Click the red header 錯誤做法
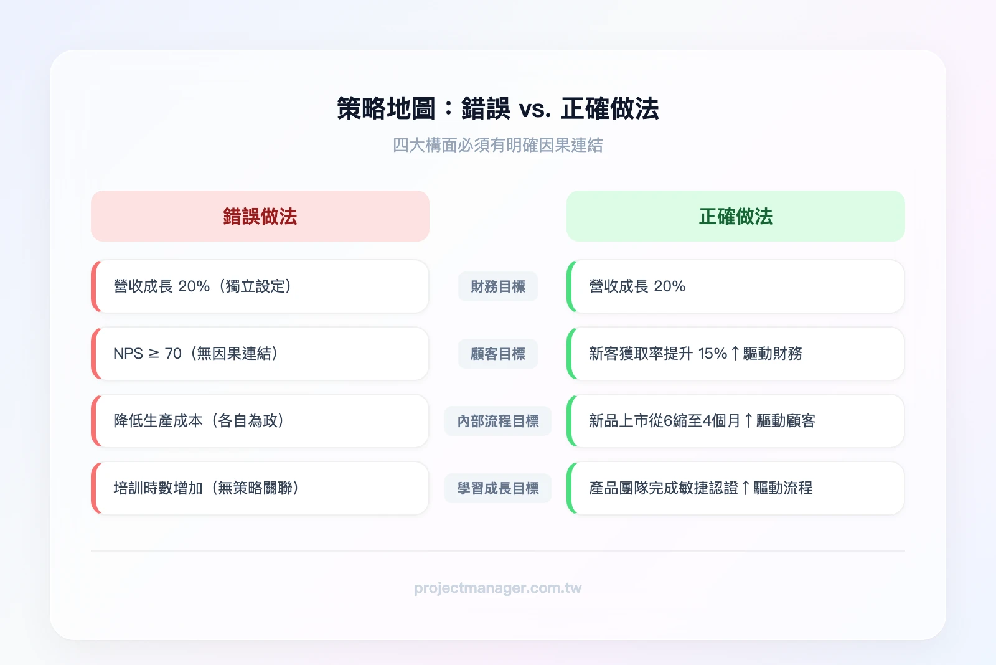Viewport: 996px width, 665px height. tap(260, 217)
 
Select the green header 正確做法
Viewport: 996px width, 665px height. tap(735, 217)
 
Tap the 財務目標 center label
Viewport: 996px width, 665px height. tap(498, 286)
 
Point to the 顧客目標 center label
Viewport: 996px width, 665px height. tap(498, 354)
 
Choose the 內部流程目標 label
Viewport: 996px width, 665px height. tap(498, 421)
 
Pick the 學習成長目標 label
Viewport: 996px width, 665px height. tap(498, 488)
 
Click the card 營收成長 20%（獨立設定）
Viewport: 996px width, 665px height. tap(260, 286)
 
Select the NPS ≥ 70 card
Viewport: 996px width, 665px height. tap(260, 354)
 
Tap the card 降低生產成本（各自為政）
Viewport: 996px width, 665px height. tap(260, 421)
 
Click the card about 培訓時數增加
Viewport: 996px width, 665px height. tap(260, 488)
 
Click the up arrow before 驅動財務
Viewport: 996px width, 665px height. tap(735, 354)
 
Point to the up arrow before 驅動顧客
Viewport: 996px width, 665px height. tap(748, 421)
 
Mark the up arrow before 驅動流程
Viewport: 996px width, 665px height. tap(746, 488)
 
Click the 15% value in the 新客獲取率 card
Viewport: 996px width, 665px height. tap(712, 354)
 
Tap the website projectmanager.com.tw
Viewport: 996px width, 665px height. tap(498, 588)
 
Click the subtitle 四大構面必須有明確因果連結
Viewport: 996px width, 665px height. tap(498, 145)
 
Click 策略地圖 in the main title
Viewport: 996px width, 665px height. tap(386, 109)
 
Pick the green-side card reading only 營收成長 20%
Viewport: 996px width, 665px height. tap(735, 286)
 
